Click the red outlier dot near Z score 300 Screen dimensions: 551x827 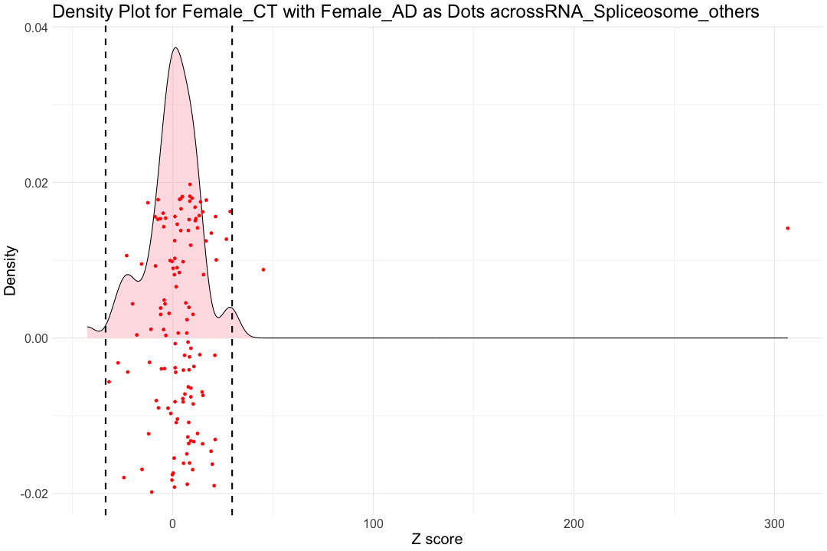pyautogui.click(x=787, y=228)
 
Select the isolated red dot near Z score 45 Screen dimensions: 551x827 pyautogui.click(x=263, y=269)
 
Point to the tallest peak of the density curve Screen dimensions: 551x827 pyautogui.click(x=175, y=48)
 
